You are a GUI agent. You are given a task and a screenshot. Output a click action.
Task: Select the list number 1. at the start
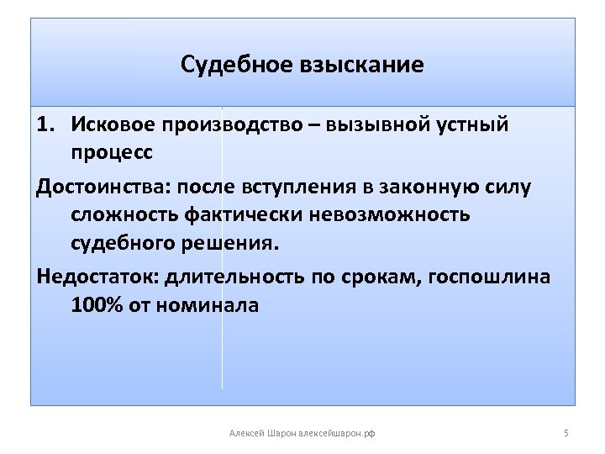tap(48, 125)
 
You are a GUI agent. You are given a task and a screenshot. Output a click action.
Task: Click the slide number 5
tap(566, 433)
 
